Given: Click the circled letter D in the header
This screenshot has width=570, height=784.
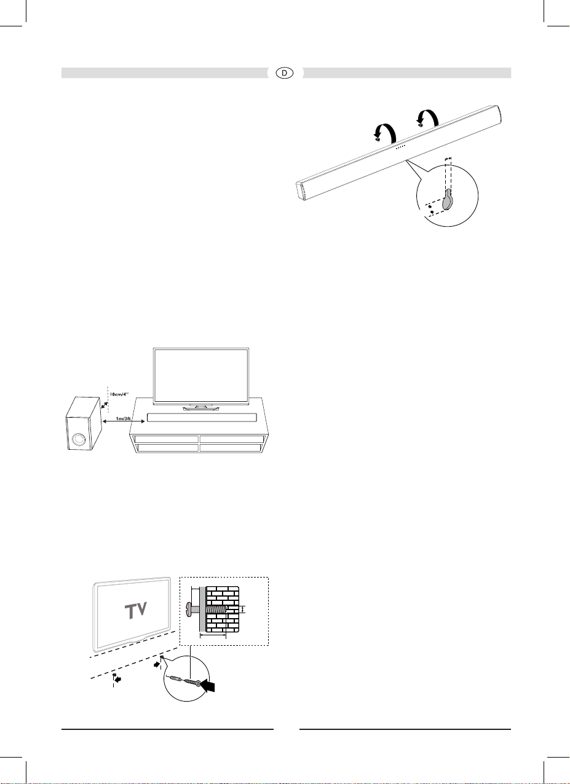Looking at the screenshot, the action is tap(284, 73).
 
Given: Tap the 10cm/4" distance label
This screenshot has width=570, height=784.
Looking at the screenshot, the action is tap(119, 394).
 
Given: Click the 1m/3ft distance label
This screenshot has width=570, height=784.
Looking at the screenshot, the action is tap(124, 418).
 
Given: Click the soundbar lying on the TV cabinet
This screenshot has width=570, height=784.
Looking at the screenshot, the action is tap(202, 418).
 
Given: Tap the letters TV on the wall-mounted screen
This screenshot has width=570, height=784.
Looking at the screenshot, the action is tap(136, 610).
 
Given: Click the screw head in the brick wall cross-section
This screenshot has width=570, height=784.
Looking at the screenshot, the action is tap(189, 610).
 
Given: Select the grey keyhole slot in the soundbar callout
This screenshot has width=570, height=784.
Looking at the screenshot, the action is tap(448, 200).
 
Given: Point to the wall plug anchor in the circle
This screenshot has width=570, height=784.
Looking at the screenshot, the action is tap(176, 679).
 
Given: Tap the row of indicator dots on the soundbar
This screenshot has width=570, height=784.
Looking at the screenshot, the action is tap(401, 147).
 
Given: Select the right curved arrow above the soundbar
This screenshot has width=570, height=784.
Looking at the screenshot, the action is tap(428, 117).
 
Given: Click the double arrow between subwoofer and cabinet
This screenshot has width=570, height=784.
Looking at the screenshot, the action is tap(124, 421).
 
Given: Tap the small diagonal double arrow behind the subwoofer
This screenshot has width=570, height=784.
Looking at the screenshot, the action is tap(104, 406).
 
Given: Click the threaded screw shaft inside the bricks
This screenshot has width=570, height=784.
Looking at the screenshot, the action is tap(216, 610).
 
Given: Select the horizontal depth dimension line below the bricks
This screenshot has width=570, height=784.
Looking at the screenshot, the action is tap(213, 635).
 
